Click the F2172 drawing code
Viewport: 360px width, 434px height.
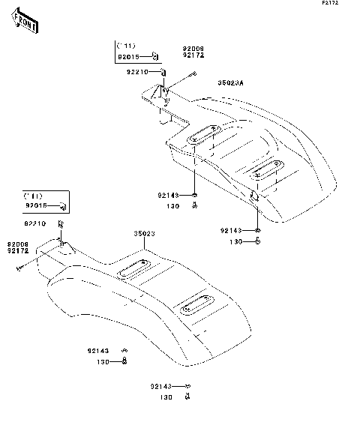343,4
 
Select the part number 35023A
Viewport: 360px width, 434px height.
231,83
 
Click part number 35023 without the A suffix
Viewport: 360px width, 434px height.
144,234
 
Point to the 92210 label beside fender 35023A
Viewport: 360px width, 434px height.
137,72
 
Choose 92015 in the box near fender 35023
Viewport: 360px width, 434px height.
37,205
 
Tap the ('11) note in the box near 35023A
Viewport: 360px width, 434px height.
126,46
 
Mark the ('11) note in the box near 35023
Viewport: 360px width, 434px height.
34,195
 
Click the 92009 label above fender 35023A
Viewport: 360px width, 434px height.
193,49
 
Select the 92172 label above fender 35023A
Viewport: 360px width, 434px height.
193,56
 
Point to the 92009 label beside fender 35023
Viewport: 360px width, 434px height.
19,244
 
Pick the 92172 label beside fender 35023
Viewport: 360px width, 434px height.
19,250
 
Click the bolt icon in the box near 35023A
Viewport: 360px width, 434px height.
154,55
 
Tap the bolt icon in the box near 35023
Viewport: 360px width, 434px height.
62,205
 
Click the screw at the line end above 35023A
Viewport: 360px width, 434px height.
193,73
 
